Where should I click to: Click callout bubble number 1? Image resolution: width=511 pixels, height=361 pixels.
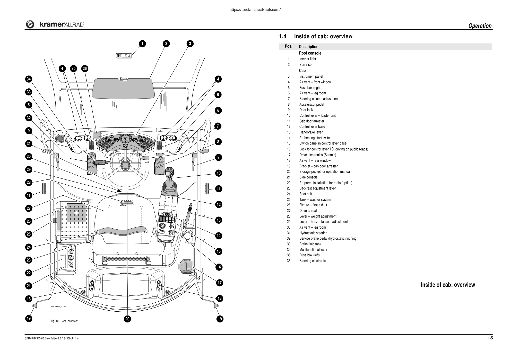coord(142,44)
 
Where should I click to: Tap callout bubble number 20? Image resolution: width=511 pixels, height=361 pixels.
coord(127,319)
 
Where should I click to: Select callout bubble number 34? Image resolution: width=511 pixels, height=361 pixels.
coord(29,79)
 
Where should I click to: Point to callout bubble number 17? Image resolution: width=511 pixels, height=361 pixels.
coord(219,283)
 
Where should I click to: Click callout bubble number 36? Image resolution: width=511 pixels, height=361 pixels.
coord(85,69)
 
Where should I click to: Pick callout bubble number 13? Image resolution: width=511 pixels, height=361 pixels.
coord(219,220)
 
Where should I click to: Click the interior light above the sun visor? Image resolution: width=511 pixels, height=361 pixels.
coord(124,56)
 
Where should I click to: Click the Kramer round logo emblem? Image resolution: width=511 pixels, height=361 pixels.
coord(30,24)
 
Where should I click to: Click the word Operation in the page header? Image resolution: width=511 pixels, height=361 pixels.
coord(480,26)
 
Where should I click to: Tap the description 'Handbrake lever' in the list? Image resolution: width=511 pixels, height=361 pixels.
coord(311,132)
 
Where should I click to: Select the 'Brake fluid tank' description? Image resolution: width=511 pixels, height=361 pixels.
coord(310,244)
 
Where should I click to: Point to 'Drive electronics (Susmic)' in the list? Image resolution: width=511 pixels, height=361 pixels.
coord(317,155)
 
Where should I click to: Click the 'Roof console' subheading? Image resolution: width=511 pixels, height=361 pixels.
coord(310,53)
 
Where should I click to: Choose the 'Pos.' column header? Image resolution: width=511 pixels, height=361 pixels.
coord(289,46)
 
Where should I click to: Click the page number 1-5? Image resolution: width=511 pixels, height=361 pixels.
coord(490,338)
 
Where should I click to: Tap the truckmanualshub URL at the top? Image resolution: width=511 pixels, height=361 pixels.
coord(255,10)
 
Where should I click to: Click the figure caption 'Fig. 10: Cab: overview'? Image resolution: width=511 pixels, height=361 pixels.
coord(64,321)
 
